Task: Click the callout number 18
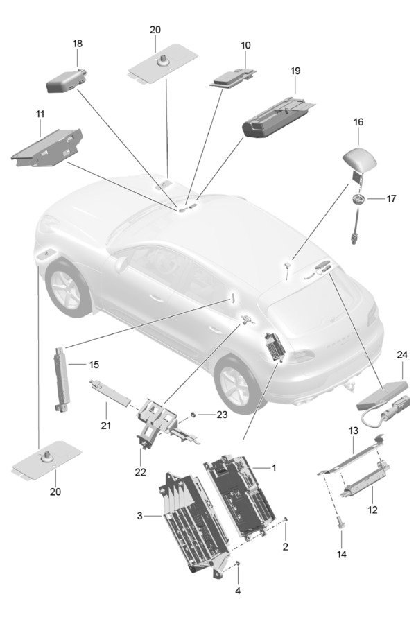click(78, 43)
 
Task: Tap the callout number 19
click(295, 71)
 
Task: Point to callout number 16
click(358, 121)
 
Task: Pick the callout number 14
click(341, 555)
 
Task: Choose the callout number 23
click(221, 415)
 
